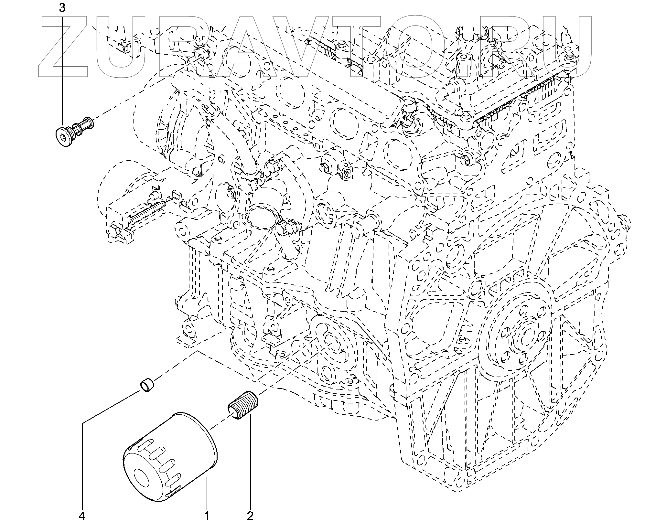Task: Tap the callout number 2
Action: click(x=250, y=516)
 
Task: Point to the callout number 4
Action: click(x=82, y=516)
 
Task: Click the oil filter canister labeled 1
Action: click(x=170, y=459)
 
